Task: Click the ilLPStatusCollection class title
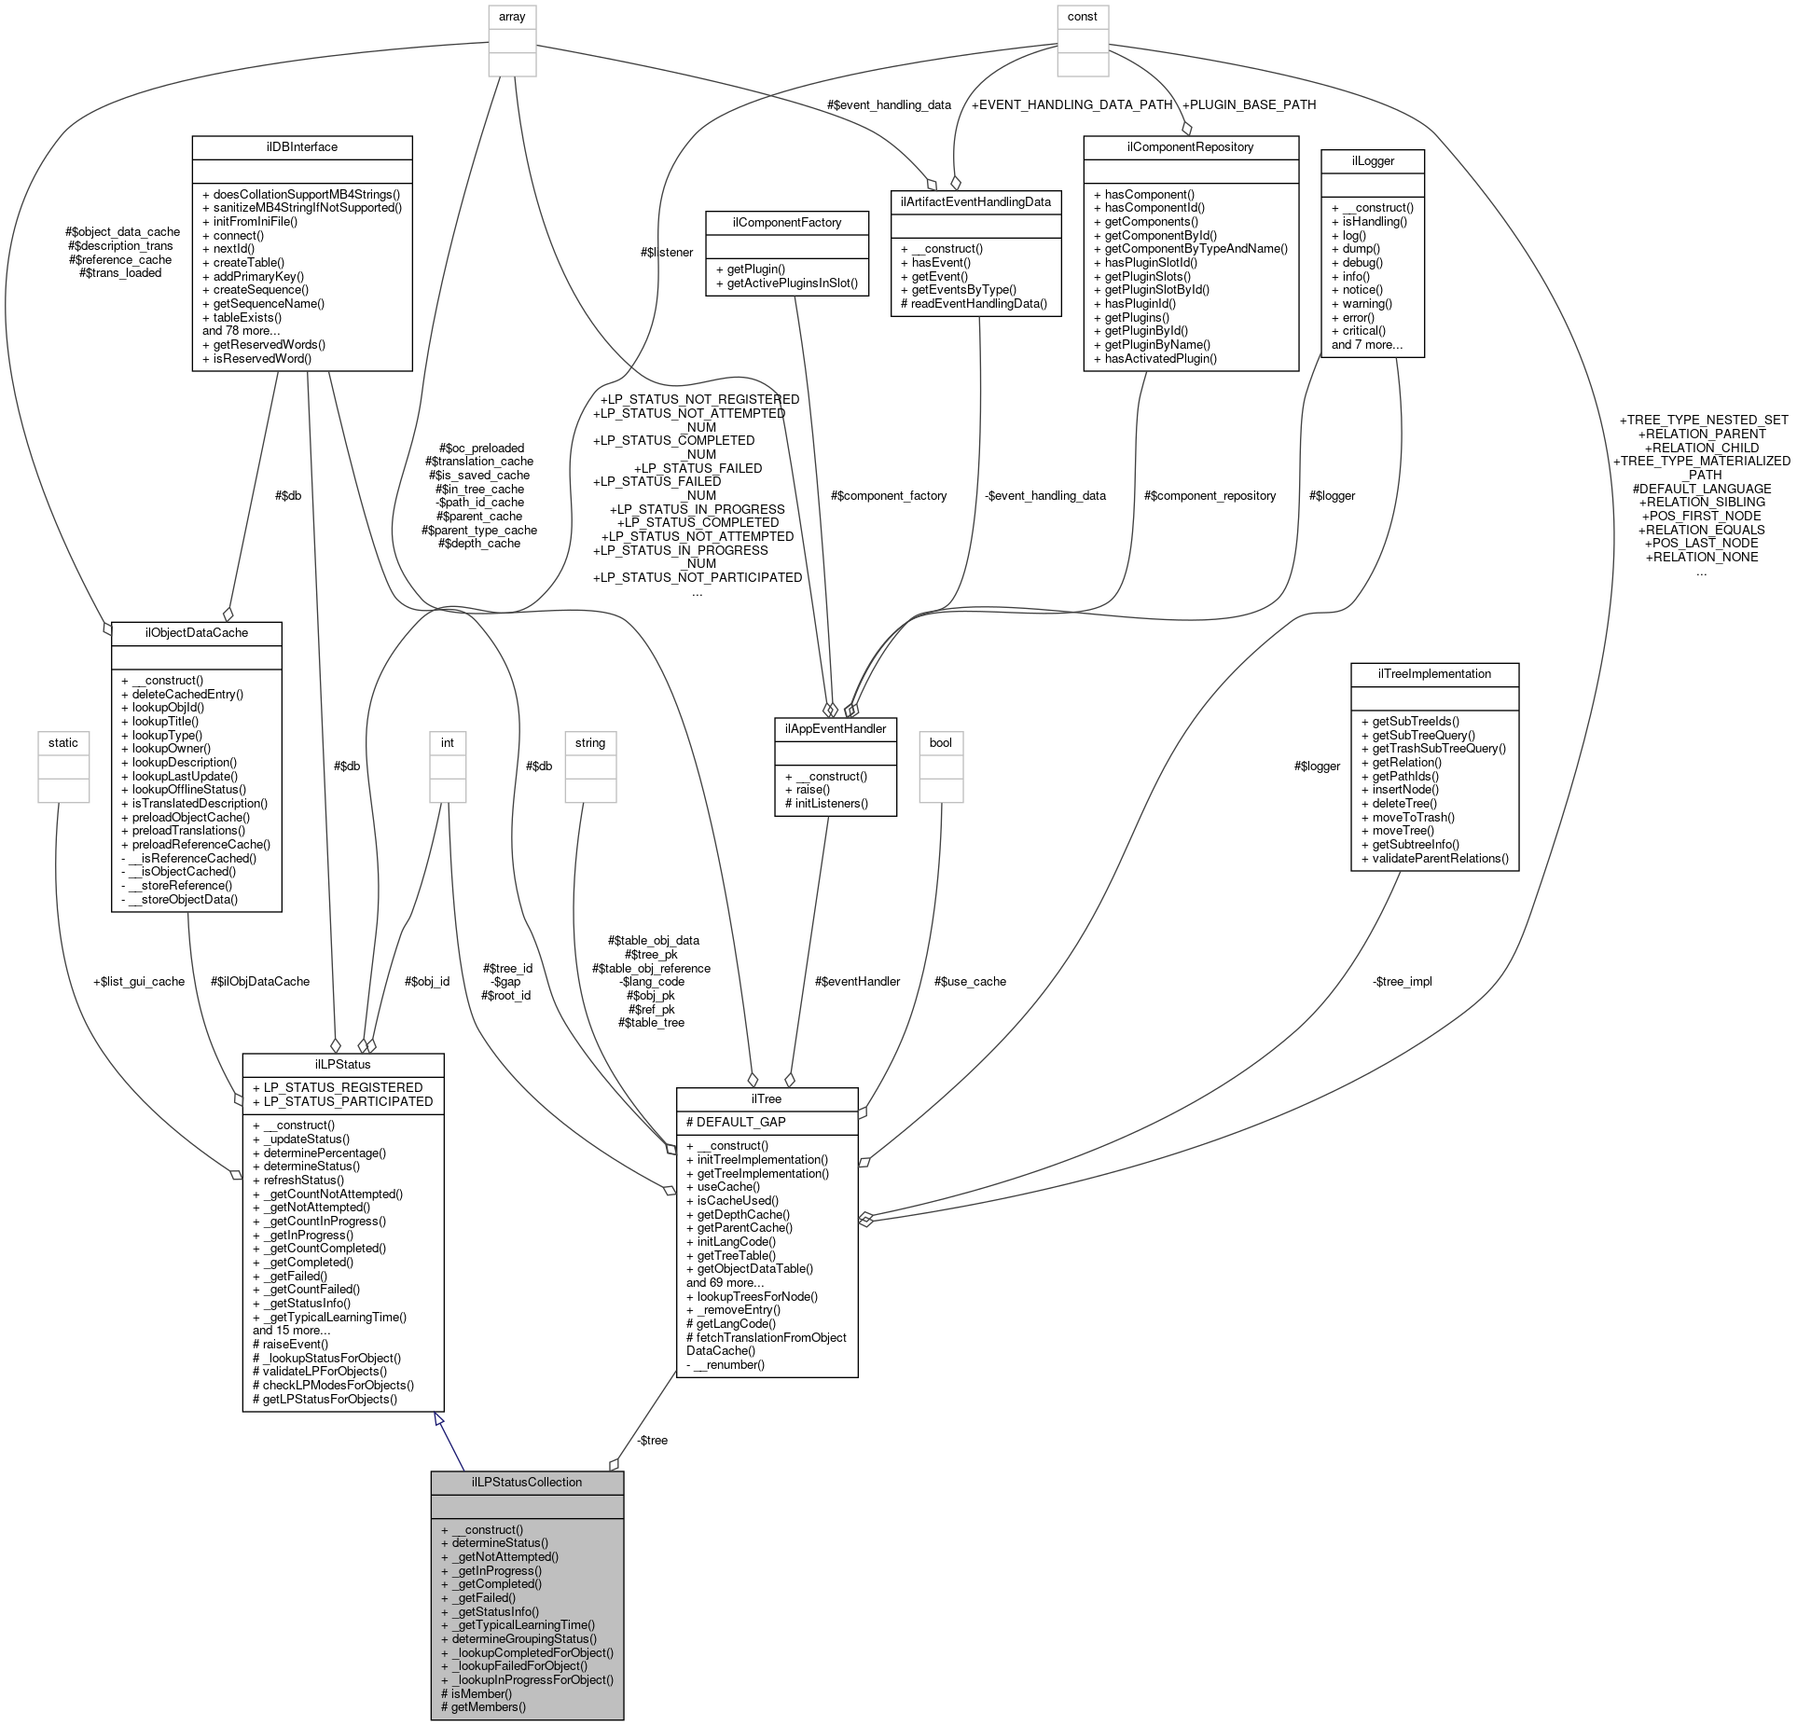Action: (x=526, y=1482)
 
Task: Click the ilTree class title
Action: (x=766, y=1098)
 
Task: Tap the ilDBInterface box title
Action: (x=301, y=147)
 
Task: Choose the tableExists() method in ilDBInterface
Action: (x=242, y=317)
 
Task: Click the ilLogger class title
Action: (x=1372, y=160)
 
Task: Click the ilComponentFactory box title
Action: (x=787, y=222)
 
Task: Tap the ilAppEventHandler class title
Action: (x=835, y=728)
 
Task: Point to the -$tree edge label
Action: (x=652, y=1440)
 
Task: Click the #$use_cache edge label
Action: (x=970, y=981)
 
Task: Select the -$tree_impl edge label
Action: (x=1402, y=981)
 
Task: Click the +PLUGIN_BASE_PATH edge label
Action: (x=1249, y=104)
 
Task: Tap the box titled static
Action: (x=63, y=742)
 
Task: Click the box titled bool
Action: (x=941, y=742)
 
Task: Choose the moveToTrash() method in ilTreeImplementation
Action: (x=1407, y=817)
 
